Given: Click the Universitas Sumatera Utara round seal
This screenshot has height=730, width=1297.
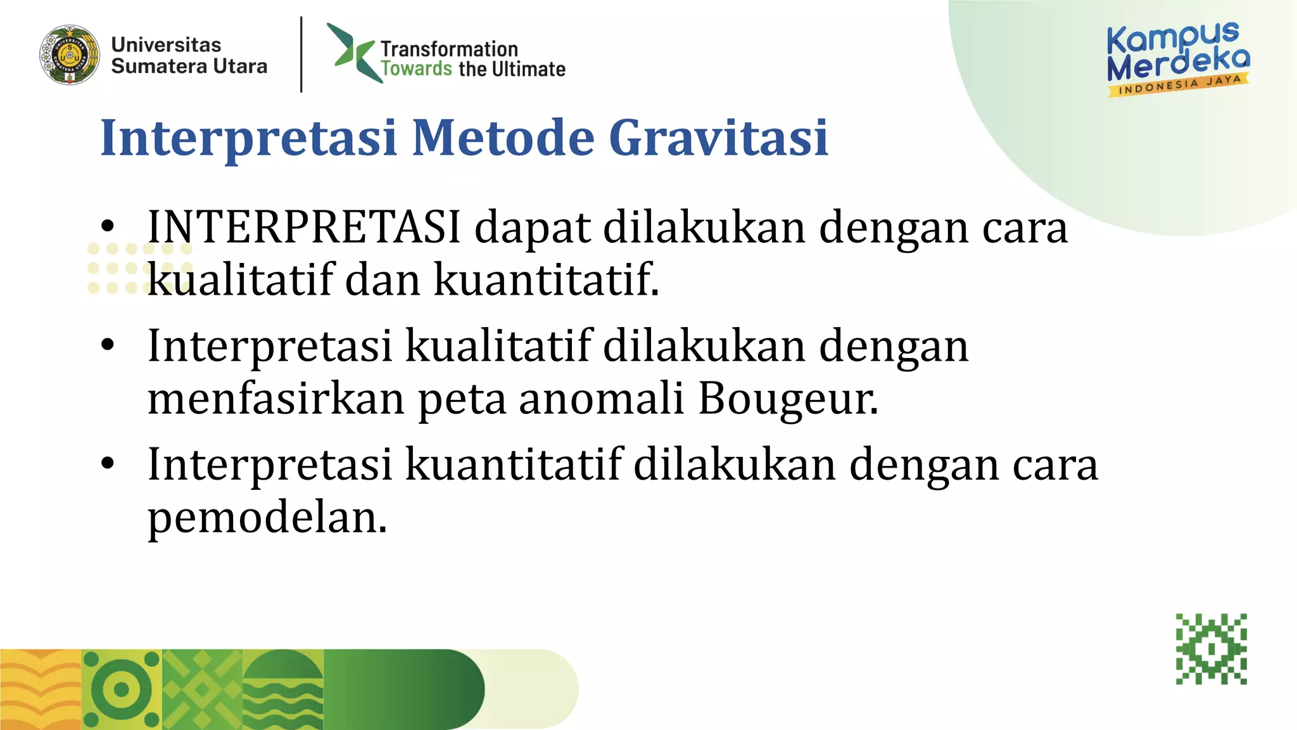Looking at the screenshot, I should (x=70, y=55).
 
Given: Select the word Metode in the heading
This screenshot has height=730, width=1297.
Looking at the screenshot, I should (x=503, y=138).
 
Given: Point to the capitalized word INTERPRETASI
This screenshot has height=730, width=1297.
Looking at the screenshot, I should (x=304, y=227).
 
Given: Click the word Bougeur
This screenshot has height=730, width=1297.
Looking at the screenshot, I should (x=788, y=399).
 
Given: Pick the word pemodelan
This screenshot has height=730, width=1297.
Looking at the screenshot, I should (x=267, y=518).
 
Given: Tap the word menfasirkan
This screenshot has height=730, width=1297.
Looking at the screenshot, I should (x=276, y=399).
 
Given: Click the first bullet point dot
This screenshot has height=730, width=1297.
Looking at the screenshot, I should (x=108, y=226).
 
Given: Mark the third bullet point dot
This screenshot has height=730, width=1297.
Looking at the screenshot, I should (x=108, y=464).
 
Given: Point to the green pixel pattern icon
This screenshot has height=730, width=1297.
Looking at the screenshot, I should (x=1211, y=649).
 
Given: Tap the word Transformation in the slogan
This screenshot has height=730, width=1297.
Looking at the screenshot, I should (x=449, y=49).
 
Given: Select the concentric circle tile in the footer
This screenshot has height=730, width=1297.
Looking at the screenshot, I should (x=122, y=689).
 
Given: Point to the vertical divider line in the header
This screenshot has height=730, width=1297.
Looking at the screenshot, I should (x=301, y=54).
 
